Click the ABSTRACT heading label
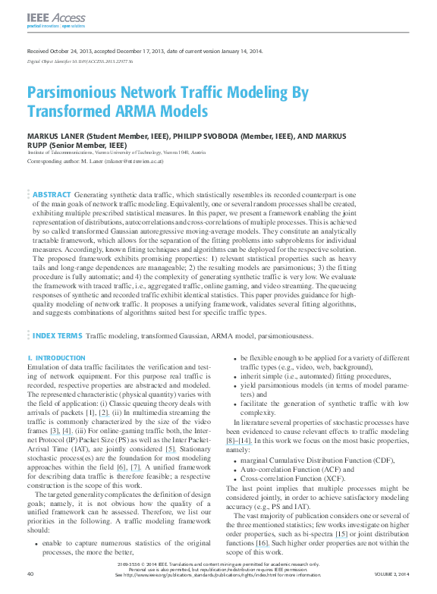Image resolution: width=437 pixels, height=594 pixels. pos(52,195)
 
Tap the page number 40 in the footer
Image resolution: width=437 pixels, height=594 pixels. pos(30,574)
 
